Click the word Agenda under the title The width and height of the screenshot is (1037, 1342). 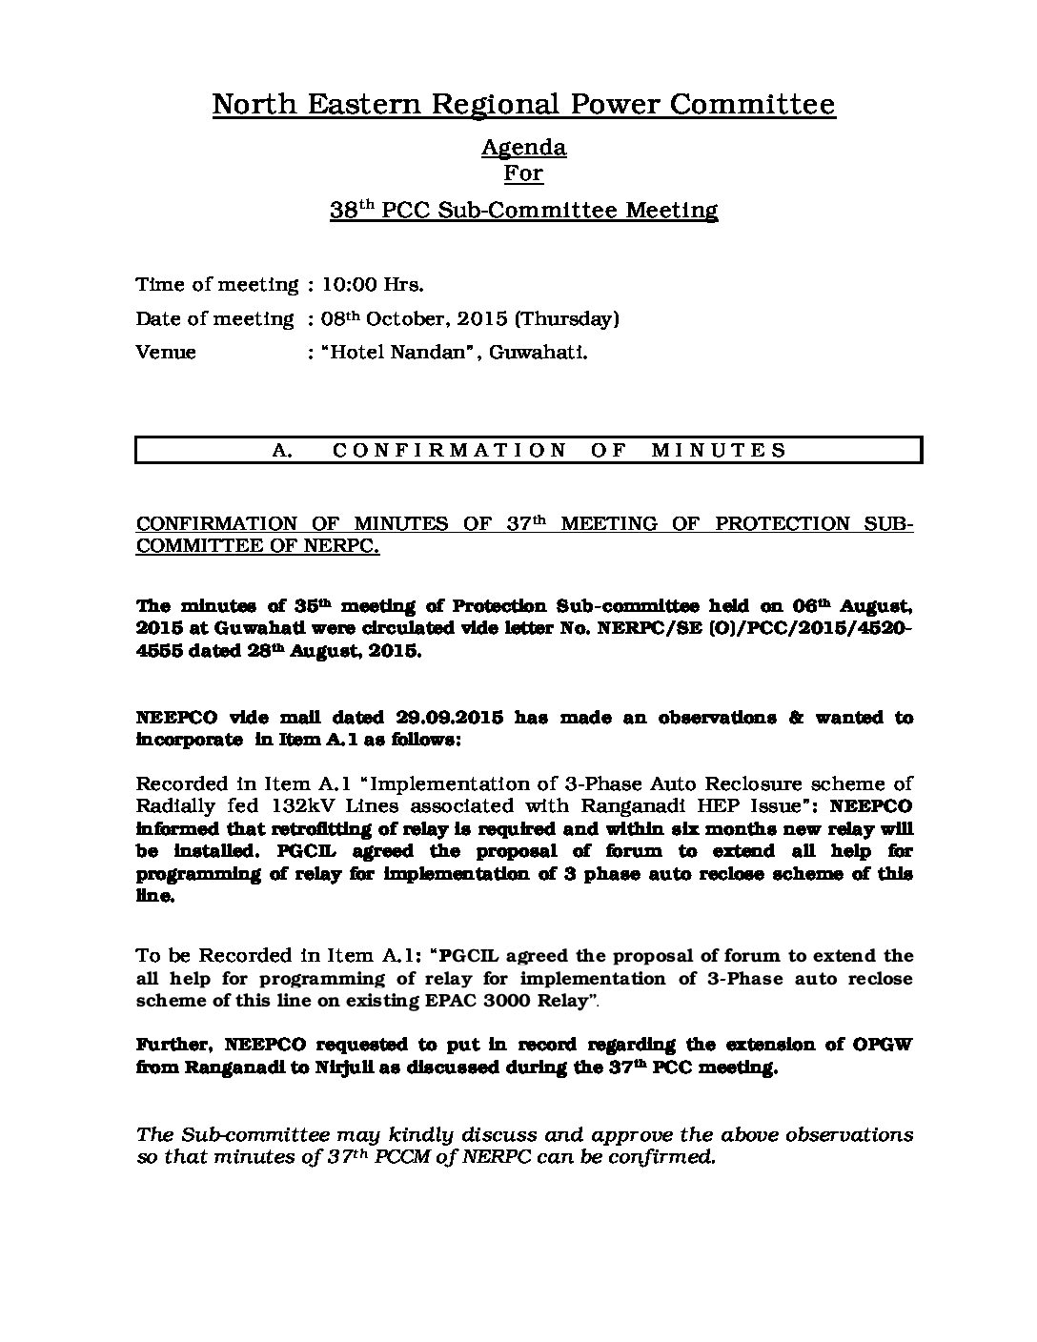pos(523,148)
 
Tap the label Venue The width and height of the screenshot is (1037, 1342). pos(166,352)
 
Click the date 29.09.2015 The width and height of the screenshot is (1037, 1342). pos(444,718)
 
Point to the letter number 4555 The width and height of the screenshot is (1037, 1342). pos(164,653)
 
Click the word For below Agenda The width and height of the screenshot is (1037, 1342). pos(523,173)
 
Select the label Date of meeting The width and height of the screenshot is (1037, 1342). pos(214,318)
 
